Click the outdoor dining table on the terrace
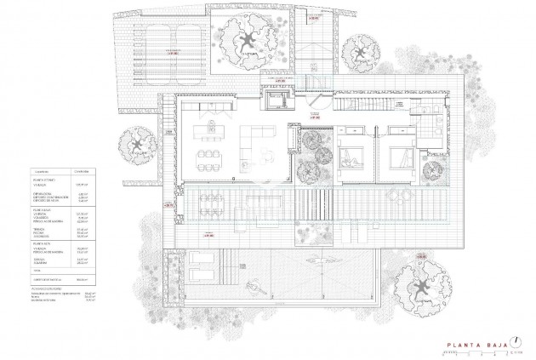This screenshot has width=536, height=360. tap(209, 204)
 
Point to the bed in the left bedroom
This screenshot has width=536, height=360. tap(350, 157)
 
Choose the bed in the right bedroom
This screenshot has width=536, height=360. tap(399, 157)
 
